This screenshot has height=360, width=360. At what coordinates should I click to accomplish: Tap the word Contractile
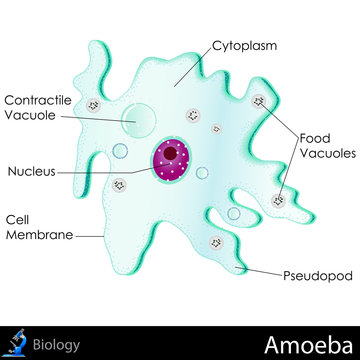[36, 100]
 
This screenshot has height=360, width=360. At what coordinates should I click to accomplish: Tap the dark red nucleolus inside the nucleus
[174, 154]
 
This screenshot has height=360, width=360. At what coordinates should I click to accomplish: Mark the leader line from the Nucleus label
[110, 171]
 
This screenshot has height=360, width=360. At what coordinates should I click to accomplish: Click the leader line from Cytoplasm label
[190, 60]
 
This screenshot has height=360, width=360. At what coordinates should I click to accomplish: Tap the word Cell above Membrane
[19, 218]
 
